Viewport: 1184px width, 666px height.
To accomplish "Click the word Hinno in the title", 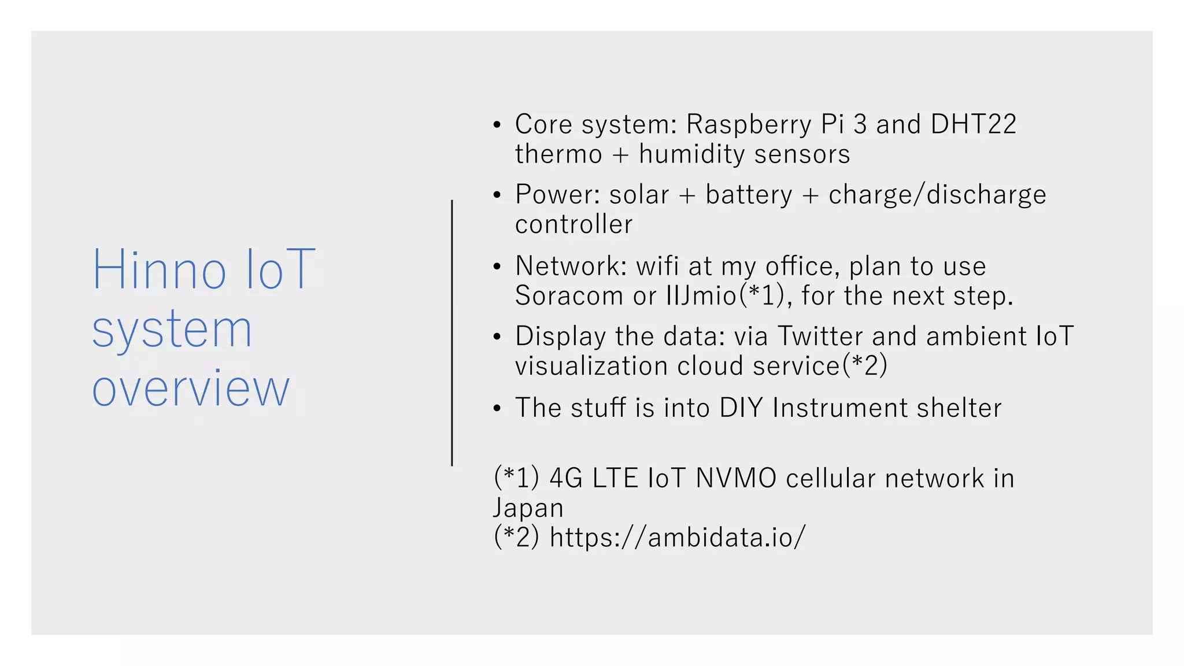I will point(159,270).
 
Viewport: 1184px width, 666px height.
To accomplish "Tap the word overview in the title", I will point(191,389).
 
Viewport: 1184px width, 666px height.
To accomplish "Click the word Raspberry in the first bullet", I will point(749,125).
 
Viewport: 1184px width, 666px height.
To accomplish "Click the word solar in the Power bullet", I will point(639,195).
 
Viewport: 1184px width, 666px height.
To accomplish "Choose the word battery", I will point(749,195).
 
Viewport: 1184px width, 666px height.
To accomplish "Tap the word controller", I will point(573,224).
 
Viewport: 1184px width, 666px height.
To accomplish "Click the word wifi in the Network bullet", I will point(657,266).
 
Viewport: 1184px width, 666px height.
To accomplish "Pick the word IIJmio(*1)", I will point(725,296).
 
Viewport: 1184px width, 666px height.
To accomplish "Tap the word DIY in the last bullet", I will point(741,408).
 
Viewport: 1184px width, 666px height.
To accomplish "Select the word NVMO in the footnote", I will point(735,479).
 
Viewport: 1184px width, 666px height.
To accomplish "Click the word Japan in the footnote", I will point(528,508).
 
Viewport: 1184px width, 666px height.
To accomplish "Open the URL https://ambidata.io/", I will point(677,538).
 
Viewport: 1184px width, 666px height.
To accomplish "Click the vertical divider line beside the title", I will point(452,333).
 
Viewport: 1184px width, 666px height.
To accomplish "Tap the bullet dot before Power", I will point(497,195).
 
